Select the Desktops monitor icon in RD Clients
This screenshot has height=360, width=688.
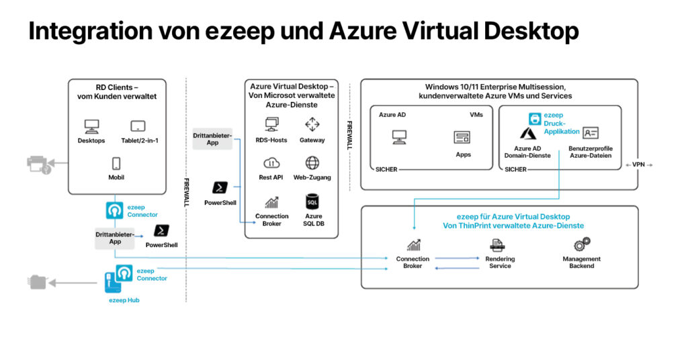click(91, 126)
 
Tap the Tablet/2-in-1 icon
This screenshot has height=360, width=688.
click(138, 126)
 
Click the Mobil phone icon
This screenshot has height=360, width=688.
click(116, 163)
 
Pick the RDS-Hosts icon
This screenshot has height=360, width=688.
click(272, 124)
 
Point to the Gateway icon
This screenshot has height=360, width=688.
click(312, 124)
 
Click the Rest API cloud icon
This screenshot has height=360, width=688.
click(272, 163)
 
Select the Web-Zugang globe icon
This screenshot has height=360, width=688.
click(312, 163)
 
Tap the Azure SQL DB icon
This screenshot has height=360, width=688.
click(312, 201)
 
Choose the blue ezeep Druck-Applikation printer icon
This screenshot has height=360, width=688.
click(535, 119)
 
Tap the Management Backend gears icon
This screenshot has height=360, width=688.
click(582, 244)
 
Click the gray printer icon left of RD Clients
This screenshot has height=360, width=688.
click(38, 164)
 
